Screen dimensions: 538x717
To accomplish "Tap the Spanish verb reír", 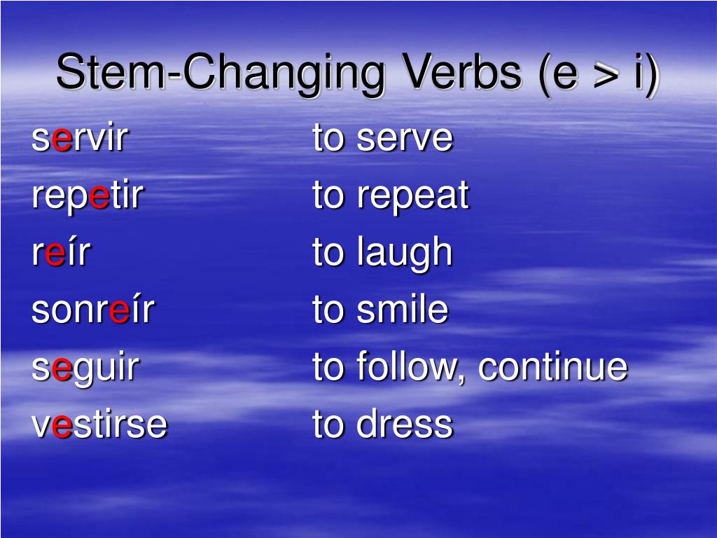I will pyautogui.click(x=61, y=253).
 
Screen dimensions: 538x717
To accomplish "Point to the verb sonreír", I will pyautogui.click(x=92, y=310).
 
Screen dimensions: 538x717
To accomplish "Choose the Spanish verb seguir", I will pyautogui.click(x=85, y=368).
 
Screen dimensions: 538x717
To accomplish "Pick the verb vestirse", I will pyautogui.click(x=99, y=425).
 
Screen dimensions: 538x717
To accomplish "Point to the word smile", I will pyautogui.click(x=402, y=310).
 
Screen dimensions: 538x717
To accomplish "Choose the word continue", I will pyautogui.click(x=552, y=367).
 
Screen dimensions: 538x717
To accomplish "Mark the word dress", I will pyautogui.click(x=405, y=425).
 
